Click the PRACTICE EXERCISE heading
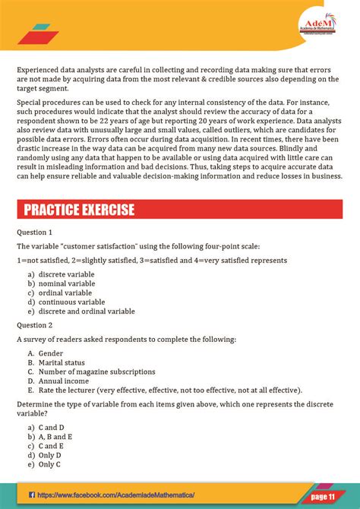(x=79, y=209)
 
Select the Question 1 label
(x=35, y=232)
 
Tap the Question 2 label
(x=35, y=324)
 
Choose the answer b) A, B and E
(x=51, y=437)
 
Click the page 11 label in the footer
(x=322, y=496)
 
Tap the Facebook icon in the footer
(x=32, y=495)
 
